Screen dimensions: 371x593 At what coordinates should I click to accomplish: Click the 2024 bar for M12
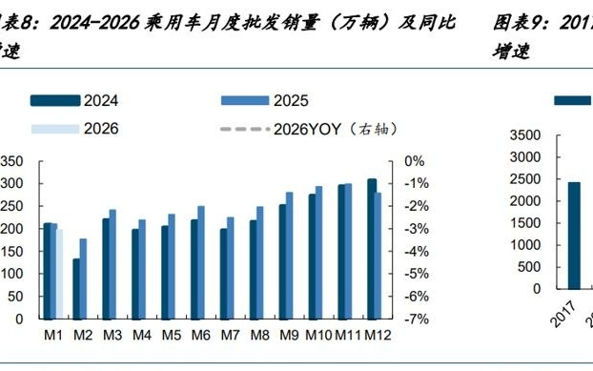pyautogui.click(x=371, y=249)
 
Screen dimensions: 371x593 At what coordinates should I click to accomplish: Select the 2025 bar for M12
pyautogui.click(x=379, y=256)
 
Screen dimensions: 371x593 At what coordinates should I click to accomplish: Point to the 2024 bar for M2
pyautogui.click(x=76, y=289)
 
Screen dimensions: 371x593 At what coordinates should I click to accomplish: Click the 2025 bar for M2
pyautogui.click(x=84, y=278)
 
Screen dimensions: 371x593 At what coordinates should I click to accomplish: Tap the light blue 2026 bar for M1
pyautogui.click(x=60, y=274)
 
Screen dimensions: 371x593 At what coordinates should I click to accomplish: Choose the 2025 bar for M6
pyautogui.click(x=201, y=262)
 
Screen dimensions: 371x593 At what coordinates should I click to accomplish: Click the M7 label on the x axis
pyautogui.click(x=230, y=335)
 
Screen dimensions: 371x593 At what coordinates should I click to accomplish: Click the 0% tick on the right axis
pyautogui.click(x=415, y=161)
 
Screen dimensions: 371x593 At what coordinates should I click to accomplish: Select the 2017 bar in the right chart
pyautogui.click(x=574, y=235)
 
